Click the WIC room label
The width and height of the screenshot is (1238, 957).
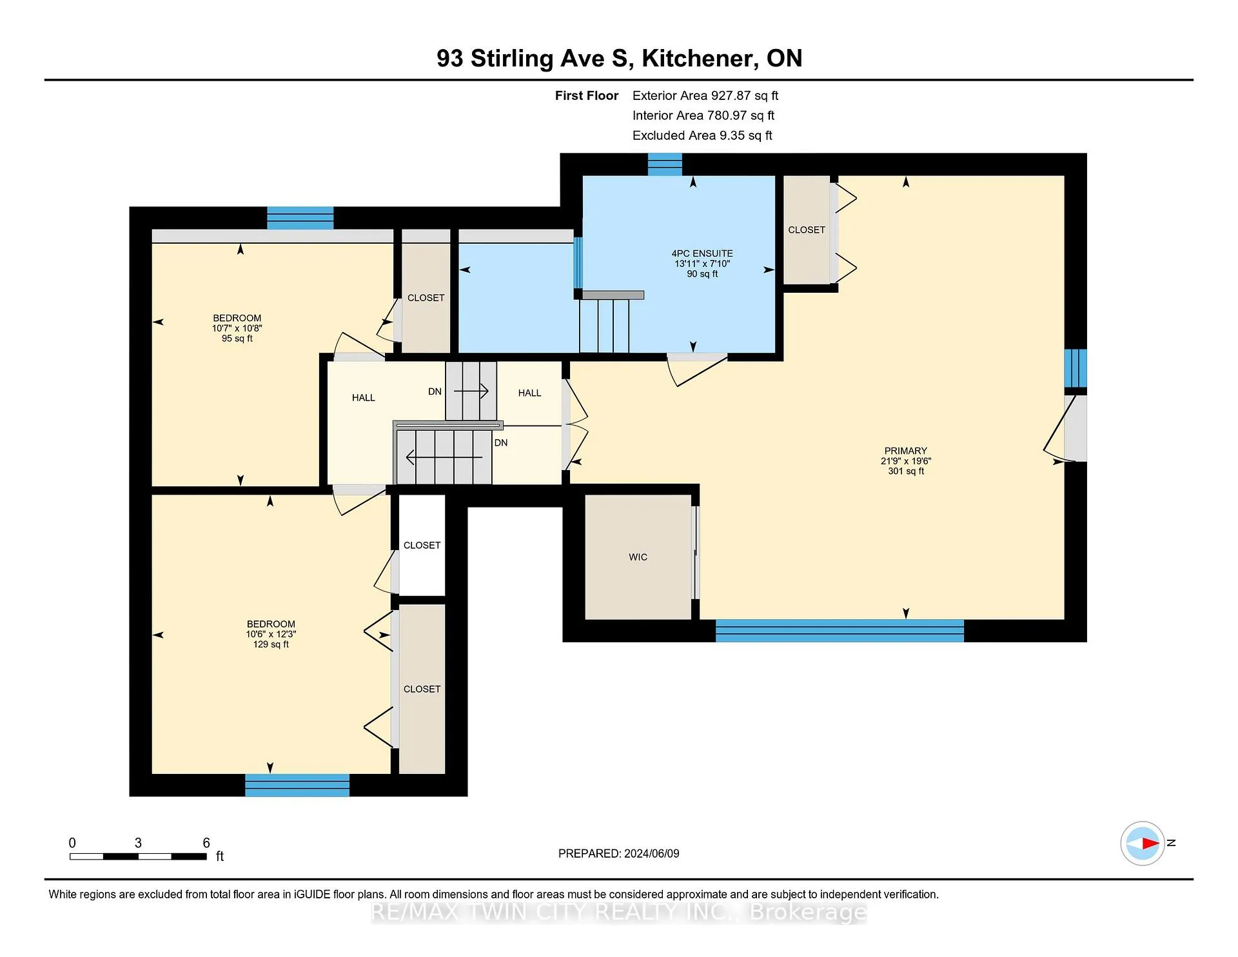click(638, 557)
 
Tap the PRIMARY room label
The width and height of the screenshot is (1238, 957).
click(906, 451)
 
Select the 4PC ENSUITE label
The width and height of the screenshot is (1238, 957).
click(702, 253)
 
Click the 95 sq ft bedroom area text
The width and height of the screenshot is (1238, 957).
click(237, 339)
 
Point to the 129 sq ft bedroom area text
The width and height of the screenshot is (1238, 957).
click(271, 644)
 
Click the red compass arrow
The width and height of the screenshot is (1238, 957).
click(1150, 843)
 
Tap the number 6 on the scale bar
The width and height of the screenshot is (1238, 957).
click(206, 843)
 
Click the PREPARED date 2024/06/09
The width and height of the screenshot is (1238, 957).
click(652, 854)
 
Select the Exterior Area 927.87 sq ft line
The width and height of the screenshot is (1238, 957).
click(705, 95)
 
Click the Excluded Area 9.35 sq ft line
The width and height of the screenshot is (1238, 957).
click(702, 135)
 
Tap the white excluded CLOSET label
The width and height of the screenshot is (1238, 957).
click(422, 546)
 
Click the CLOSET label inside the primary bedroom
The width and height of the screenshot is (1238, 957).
click(807, 230)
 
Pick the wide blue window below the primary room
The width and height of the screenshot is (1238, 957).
click(840, 631)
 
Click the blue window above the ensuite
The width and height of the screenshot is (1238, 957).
click(665, 164)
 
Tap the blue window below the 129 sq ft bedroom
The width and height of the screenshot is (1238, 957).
click(297, 785)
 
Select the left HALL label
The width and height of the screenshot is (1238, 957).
click(364, 398)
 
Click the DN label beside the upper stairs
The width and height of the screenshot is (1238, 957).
click(435, 391)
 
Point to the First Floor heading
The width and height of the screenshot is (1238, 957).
click(587, 95)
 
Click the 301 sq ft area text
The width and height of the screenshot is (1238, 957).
click(906, 471)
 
